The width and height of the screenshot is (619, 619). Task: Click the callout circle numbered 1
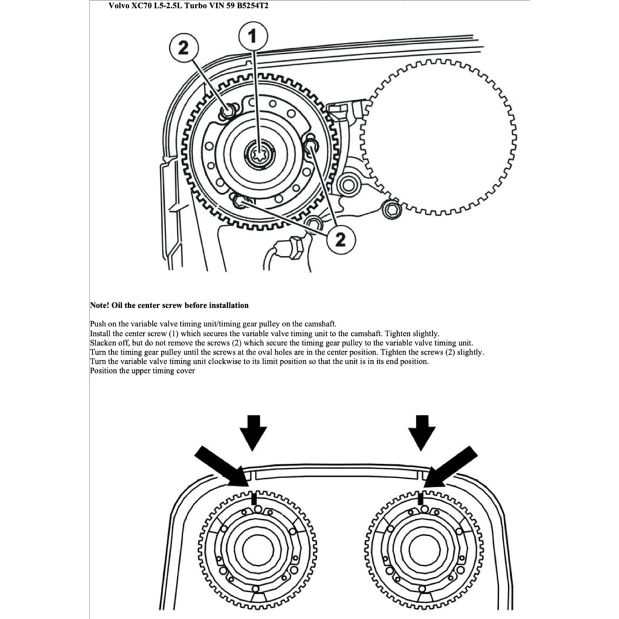253,37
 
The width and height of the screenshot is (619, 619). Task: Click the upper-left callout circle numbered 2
184,48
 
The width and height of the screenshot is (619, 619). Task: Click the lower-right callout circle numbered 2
340,239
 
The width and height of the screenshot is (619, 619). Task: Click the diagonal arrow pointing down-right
221,465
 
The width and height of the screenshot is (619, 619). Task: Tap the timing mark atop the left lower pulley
254,499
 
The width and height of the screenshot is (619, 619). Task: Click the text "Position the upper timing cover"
142,371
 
